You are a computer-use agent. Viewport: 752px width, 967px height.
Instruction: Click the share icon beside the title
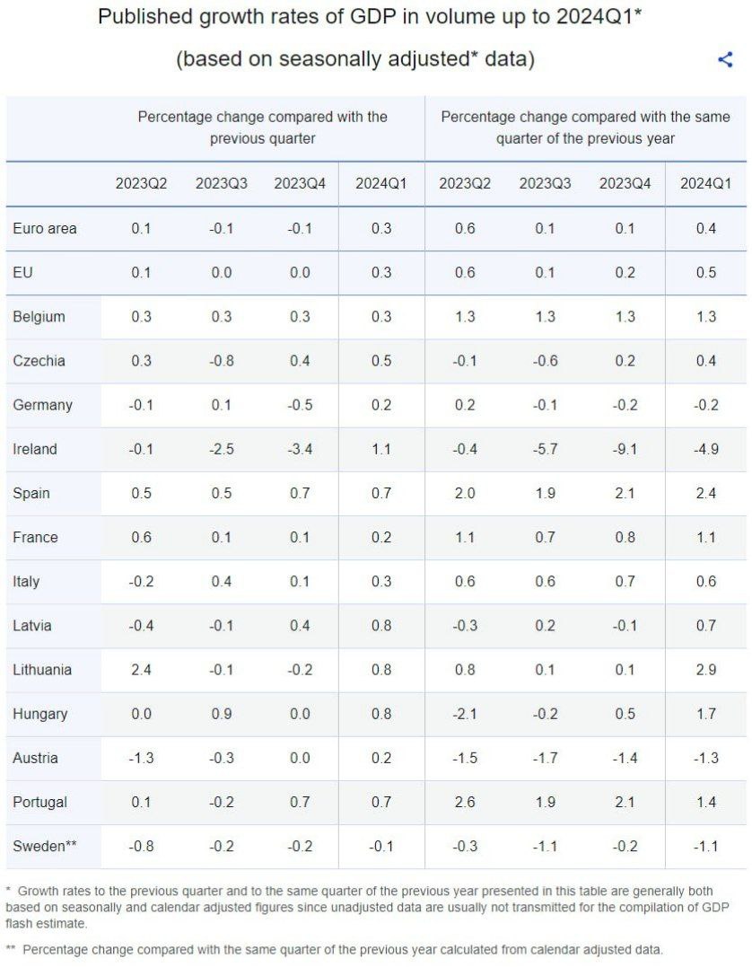pyautogui.click(x=725, y=60)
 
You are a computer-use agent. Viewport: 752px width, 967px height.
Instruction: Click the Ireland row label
pyautogui.click(x=35, y=449)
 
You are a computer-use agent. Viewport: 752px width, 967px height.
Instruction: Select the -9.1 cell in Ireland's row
pyautogui.click(x=625, y=449)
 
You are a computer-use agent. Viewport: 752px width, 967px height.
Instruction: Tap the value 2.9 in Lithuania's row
pyautogui.click(x=705, y=670)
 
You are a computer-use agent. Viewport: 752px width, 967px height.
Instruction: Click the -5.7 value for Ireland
pyautogui.click(x=544, y=449)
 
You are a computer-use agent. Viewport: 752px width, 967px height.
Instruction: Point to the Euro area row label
pyautogui.click(x=45, y=228)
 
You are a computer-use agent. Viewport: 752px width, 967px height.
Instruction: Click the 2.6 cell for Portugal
pyautogui.click(x=465, y=802)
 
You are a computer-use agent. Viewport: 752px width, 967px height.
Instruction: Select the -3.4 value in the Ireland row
pyautogui.click(x=300, y=449)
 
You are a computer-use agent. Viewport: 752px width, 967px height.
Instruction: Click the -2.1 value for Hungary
pyautogui.click(x=465, y=714)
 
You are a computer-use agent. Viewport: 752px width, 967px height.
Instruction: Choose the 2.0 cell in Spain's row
pyautogui.click(x=465, y=493)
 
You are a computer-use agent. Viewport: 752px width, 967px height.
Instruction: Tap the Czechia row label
pyautogui.click(x=39, y=361)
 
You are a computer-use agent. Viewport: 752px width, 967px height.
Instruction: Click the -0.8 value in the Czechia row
pyautogui.click(x=221, y=361)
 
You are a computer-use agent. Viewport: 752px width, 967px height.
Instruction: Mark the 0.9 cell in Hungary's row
pyautogui.click(x=221, y=714)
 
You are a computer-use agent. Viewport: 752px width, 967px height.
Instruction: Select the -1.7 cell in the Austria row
pyautogui.click(x=544, y=758)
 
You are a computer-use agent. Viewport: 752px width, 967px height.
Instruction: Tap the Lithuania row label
pyautogui.click(x=42, y=670)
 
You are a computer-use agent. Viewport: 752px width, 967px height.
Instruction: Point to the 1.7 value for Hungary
pyautogui.click(x=705, y=714)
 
